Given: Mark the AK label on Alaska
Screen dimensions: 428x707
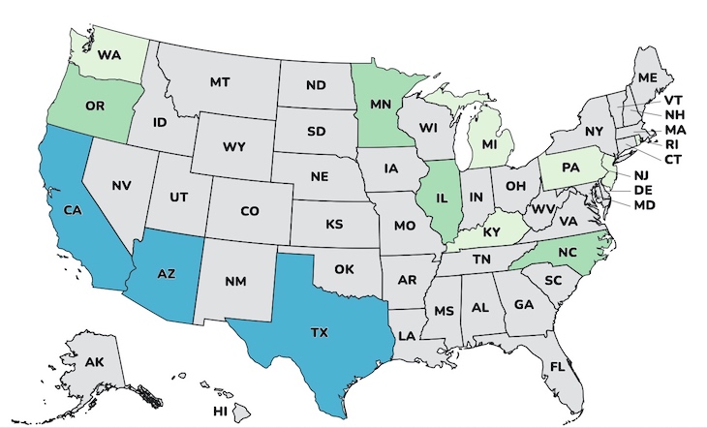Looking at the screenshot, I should [94, 362].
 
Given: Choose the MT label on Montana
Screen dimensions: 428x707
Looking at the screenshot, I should [220, 83].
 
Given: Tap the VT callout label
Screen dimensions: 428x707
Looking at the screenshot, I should [672, 99].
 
